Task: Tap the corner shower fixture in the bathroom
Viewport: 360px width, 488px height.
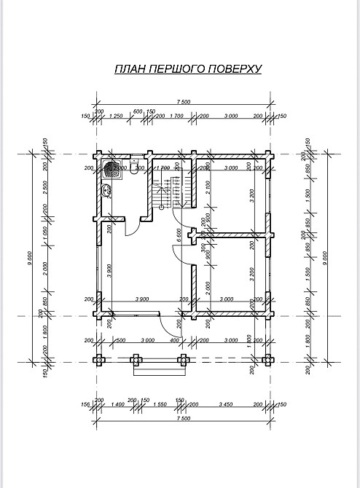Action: tap(111, 170)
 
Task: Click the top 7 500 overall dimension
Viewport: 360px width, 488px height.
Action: tap(183, 103)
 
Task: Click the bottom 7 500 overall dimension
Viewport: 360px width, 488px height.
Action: tap(183, 419)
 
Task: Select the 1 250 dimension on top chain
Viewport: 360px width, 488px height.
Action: tap(114, 117)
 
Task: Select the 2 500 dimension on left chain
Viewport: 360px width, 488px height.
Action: tap(45, 192)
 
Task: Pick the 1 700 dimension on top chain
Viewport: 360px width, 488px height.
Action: tap(176, 117)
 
